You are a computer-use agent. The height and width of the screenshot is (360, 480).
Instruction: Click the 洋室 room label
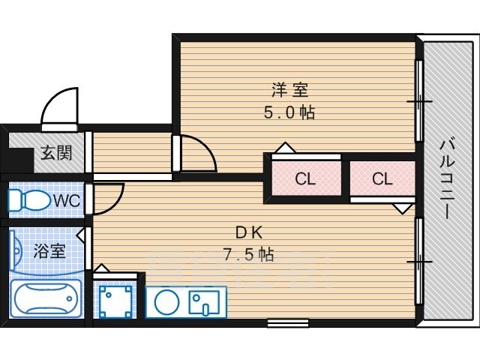click(x=290, y=90)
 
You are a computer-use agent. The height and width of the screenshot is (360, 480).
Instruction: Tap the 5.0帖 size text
click(x=289, y=112)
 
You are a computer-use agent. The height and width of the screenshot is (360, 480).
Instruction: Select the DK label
click(x=248, y=233)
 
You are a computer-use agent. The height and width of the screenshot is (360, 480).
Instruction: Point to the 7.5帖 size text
click(x=248, y=254)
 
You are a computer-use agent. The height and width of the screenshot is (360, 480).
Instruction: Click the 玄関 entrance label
click(x=57, y=152)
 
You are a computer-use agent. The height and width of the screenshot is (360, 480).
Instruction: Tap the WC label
click(x=67, y=201)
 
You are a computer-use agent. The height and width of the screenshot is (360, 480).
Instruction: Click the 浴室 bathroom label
click(x=49, y=251)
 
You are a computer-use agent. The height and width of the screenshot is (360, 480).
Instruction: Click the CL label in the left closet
click(x=305, y=178)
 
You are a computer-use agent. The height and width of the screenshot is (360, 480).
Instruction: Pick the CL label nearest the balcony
click(x=382, y=178)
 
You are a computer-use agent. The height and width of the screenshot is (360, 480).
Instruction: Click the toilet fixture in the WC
click(x=28, y=200)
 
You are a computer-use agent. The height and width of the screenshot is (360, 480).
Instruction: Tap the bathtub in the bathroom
click(x=46, y=298)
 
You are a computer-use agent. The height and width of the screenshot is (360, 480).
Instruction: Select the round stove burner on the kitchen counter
click(x=166, y=301)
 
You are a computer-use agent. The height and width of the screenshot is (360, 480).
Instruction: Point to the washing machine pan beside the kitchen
click(x=115, y=301)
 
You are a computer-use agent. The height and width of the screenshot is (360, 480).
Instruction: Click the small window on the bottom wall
click(x=287, y=323)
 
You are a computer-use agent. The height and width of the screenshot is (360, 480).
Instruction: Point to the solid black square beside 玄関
click(x=18, y=160)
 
